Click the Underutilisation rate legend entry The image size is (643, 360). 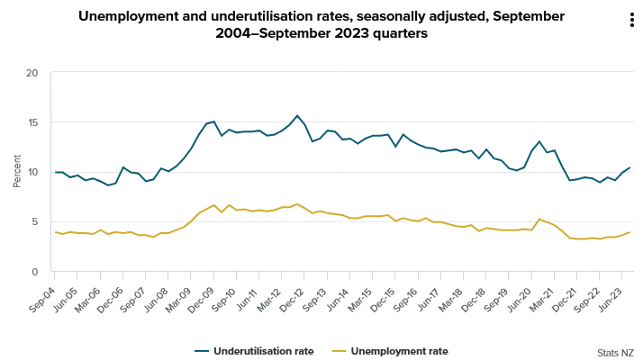263,351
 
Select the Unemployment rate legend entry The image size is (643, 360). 398,351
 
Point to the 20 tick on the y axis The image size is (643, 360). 32,73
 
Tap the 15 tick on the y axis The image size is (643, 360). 32,122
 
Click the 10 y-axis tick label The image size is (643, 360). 32,172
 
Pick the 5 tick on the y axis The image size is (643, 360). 35,221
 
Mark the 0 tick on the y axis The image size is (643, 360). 35,272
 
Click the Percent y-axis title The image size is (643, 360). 17,172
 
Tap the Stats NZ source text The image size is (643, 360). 615,353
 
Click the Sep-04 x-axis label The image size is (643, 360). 41,290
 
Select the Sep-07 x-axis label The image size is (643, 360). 132,290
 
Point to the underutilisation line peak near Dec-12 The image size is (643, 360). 297,115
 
